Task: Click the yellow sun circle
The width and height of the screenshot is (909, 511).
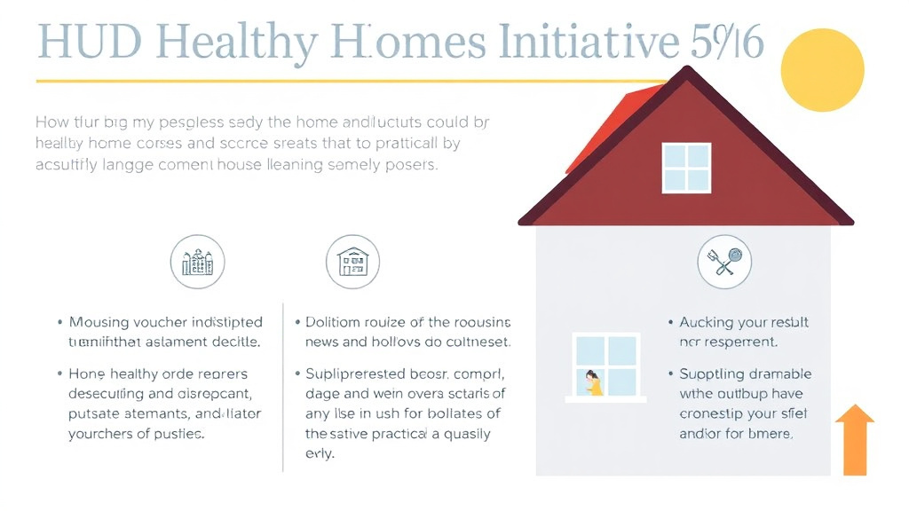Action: [x=822, y=70]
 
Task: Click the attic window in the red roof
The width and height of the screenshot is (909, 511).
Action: [x=686, y=168]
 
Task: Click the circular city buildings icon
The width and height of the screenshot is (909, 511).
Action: [x=197, y=262]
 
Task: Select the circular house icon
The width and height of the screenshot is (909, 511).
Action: [x=352, y=262]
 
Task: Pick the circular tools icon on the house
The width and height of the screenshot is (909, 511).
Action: [x=724, y=262]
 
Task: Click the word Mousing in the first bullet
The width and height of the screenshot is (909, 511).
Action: [x=99, y=322]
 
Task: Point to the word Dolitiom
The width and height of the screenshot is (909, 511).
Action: [x=336, y=322]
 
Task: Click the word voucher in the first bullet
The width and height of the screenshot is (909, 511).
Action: [x=164, y=322]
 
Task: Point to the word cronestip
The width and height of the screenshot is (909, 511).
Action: [x=712, y=413]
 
